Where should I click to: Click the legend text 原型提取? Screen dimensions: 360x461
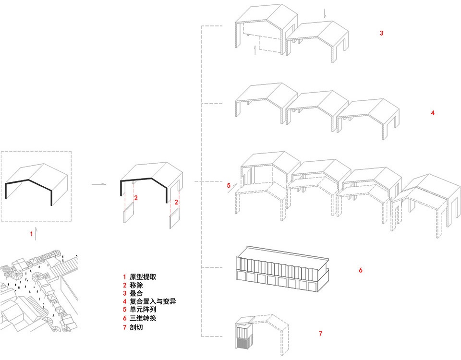(143, 277)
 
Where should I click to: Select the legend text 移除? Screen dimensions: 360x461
(136, 285)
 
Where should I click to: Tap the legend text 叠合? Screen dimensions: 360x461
(136, 293)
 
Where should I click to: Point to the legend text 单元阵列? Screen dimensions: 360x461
(143, 310)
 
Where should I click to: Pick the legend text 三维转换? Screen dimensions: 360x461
(143, 318)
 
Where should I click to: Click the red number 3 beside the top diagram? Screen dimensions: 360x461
(381, 34)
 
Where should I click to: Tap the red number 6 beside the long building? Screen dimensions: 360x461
(360, 270)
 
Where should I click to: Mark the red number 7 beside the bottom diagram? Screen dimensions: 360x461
(320, 333)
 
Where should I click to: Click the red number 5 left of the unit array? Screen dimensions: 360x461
(229, 185)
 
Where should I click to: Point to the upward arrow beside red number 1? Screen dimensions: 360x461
(36, 235)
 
